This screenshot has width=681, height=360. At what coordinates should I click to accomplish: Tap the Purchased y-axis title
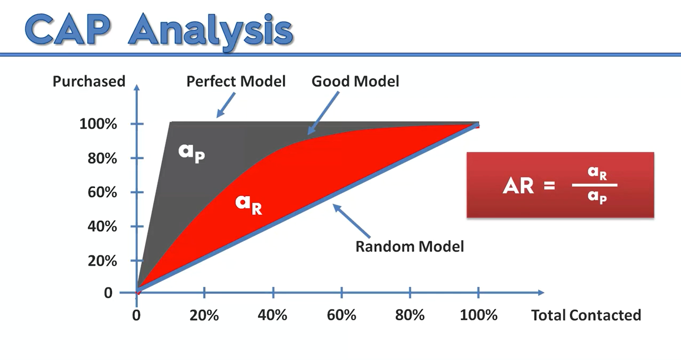pyautogui.click(x=89, y=82)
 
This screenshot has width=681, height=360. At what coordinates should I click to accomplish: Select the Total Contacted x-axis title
pyautogui.click(x=586, y=315)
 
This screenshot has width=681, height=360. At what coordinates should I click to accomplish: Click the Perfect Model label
pyautogui.click(x=236, y=81)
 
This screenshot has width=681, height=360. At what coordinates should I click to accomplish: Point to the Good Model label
pyautogui.click(x=355, y=81)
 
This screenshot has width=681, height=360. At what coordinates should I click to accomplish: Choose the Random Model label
pyautogui.click(x=410, y=246)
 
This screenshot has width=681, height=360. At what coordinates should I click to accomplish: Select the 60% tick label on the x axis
pyautogui.click(x=342, y=315)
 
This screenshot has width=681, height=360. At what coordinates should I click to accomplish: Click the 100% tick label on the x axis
pyautogui.click(x=479, y=315)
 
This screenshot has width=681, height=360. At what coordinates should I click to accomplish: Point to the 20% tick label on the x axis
pyautogui.click(x=204, y=315)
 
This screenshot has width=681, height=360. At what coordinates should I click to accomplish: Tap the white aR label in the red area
pyautogui.click(x=249, y=204)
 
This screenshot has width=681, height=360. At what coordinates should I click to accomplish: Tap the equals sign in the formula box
pyautogui.click(x=549, y=186)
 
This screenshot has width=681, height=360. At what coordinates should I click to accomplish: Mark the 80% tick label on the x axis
pyautogui.click(x=410, y=315)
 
